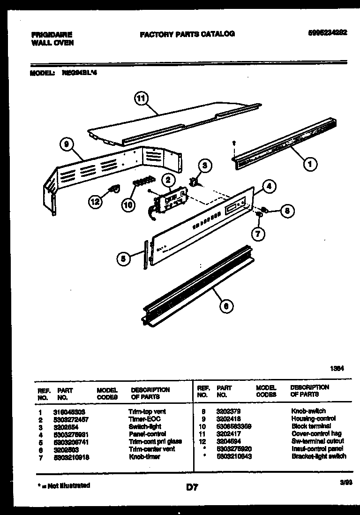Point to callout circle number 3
click(204, 165)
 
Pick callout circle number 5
click(123, 257)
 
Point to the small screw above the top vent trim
click(233, 144)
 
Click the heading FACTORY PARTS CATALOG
click(187, 34)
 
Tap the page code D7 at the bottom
click(191, 488)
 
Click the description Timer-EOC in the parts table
click(144, 419)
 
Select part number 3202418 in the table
click(230, 418)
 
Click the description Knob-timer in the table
click(144, 456)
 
